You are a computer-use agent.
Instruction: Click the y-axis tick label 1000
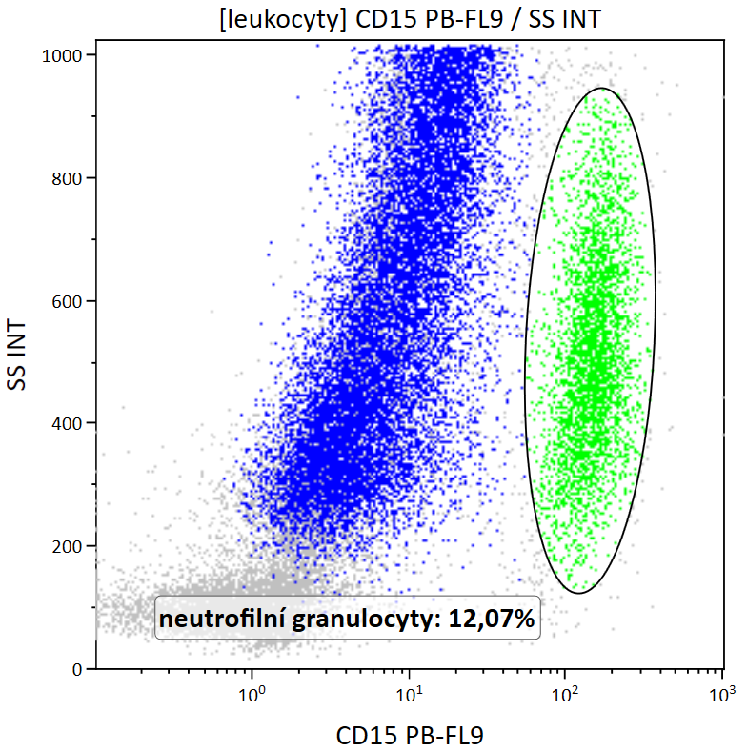point(64,55)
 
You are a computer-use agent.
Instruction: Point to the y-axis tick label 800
point(70,178)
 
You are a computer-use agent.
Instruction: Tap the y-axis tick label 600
point(70,301)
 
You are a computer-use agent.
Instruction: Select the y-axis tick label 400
point(70,423)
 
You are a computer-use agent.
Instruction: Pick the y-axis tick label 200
point(70,546)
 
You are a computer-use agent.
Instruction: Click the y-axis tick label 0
point(79,669)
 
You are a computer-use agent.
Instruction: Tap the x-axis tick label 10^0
point(252,693)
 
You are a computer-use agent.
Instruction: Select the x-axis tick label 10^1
point(409,693)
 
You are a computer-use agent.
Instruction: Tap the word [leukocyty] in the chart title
point(271,19)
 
